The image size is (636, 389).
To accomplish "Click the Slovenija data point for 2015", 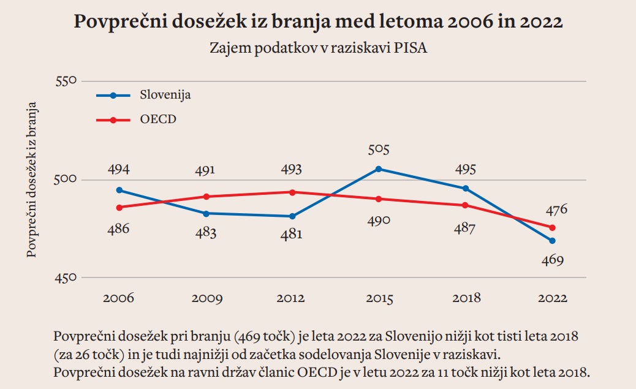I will pyautogui.click(x=379, y=169).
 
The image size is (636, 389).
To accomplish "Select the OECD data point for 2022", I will pyautogui.click(x=553, y=227).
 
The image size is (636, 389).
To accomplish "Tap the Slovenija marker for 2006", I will pyautogui.click(x=119, y=191).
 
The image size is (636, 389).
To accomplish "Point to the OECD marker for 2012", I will pyautogui.click(x=292, y=192).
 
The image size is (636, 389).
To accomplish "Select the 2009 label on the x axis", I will pyautogui.click(x=206, y=299).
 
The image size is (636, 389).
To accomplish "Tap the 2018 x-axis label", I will pyautogui.click(x=466, y=299).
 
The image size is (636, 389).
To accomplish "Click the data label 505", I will pyautogui.click(x=379, y=149).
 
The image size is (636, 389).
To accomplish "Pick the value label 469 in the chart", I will pyautogui.click(x=552, y=260).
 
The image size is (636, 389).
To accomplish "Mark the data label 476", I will pyautogui.click(x=556, y=210).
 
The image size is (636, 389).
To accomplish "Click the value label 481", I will pyautogui.click(x=291, y=235).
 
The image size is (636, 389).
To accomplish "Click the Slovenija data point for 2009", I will pyautogui.click(x=206, y=213).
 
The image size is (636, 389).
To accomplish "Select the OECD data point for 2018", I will pyautogui.click(x=466, y=205).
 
